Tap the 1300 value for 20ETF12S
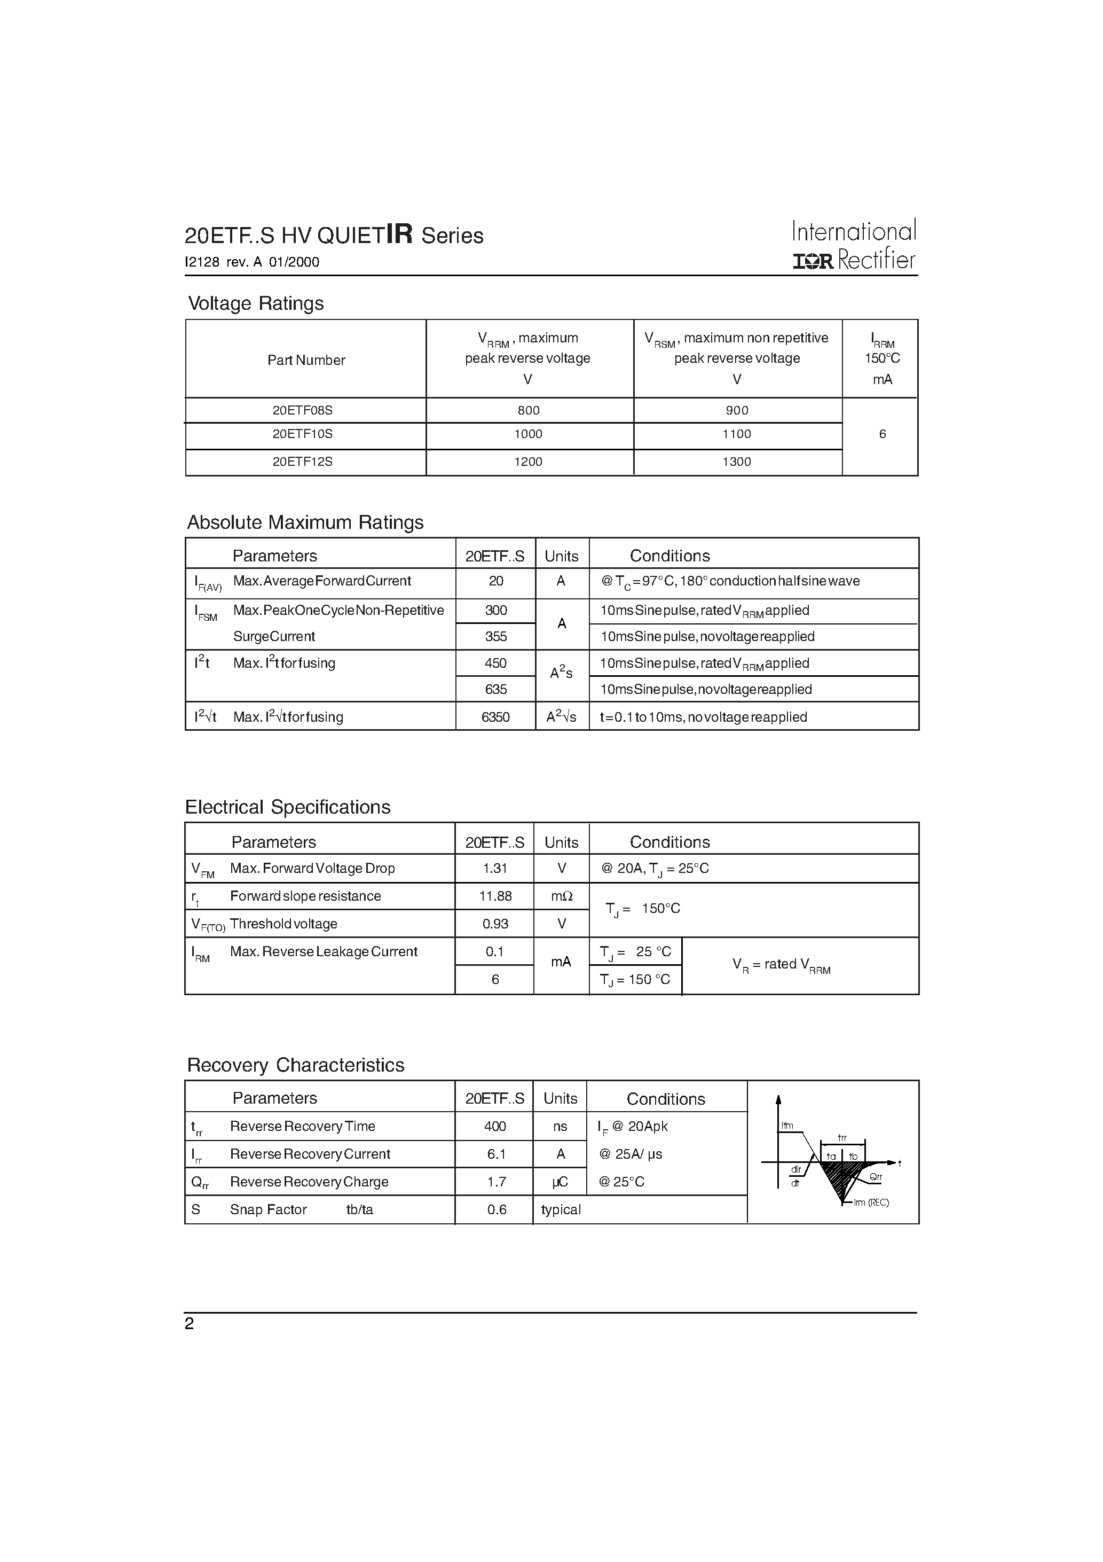point(736,462)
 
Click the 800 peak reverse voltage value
point(529,410)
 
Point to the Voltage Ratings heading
point(256,303)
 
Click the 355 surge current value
point(496,637)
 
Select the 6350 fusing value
point(495,717)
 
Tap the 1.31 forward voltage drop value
point(495,868)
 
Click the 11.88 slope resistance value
point(495,896)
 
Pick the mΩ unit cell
point(562,896)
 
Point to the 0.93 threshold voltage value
point(495,924)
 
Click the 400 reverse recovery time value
point(495,1126)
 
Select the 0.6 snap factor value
point(497,1209)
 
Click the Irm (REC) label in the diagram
point(871,1203)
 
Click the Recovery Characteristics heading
point(295,1065)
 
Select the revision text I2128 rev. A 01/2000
point(251,262)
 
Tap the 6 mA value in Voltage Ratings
point(882,434)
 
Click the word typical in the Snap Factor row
point(561,1209)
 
